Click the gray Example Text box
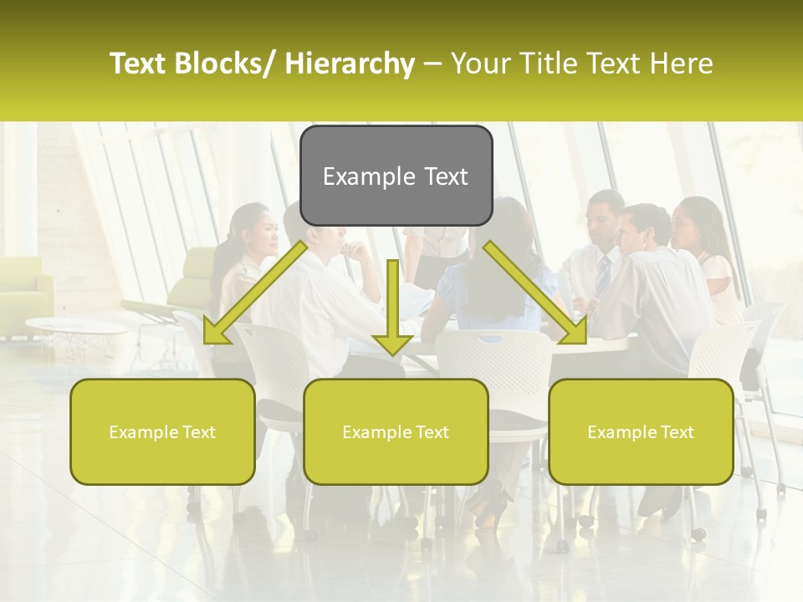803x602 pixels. point(396,176)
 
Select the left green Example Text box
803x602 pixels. point(162,431)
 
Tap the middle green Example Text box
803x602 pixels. point(396,431)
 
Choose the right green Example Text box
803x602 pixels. point(641,431)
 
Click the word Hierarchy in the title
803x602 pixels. point(349,64)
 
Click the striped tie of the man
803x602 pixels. point(603,274)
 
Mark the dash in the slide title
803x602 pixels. point(432,64)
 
